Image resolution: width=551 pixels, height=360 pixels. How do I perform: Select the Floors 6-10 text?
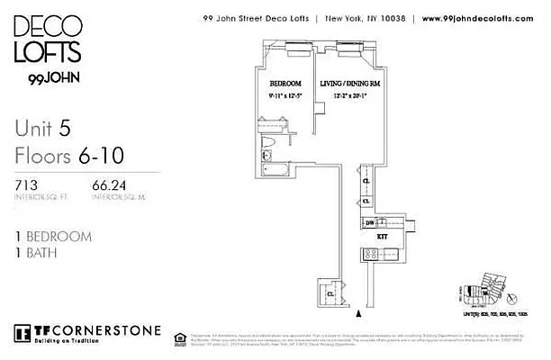tap(66, 157)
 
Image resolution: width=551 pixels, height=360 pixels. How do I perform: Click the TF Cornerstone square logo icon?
tap(22, 330)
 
